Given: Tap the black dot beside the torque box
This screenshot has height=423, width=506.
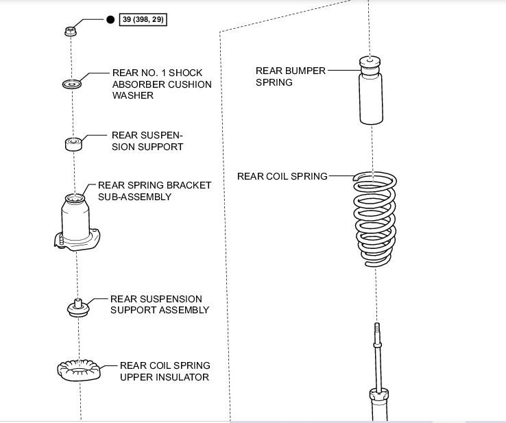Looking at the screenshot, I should click(x=110, y=21).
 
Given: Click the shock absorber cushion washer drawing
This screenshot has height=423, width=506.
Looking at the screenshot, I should click(x=71, y=84).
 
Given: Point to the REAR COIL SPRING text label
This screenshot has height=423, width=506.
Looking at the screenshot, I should click(x=282, y=176).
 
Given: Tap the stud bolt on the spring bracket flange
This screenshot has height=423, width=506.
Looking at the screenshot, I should click(x=60, y=241).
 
